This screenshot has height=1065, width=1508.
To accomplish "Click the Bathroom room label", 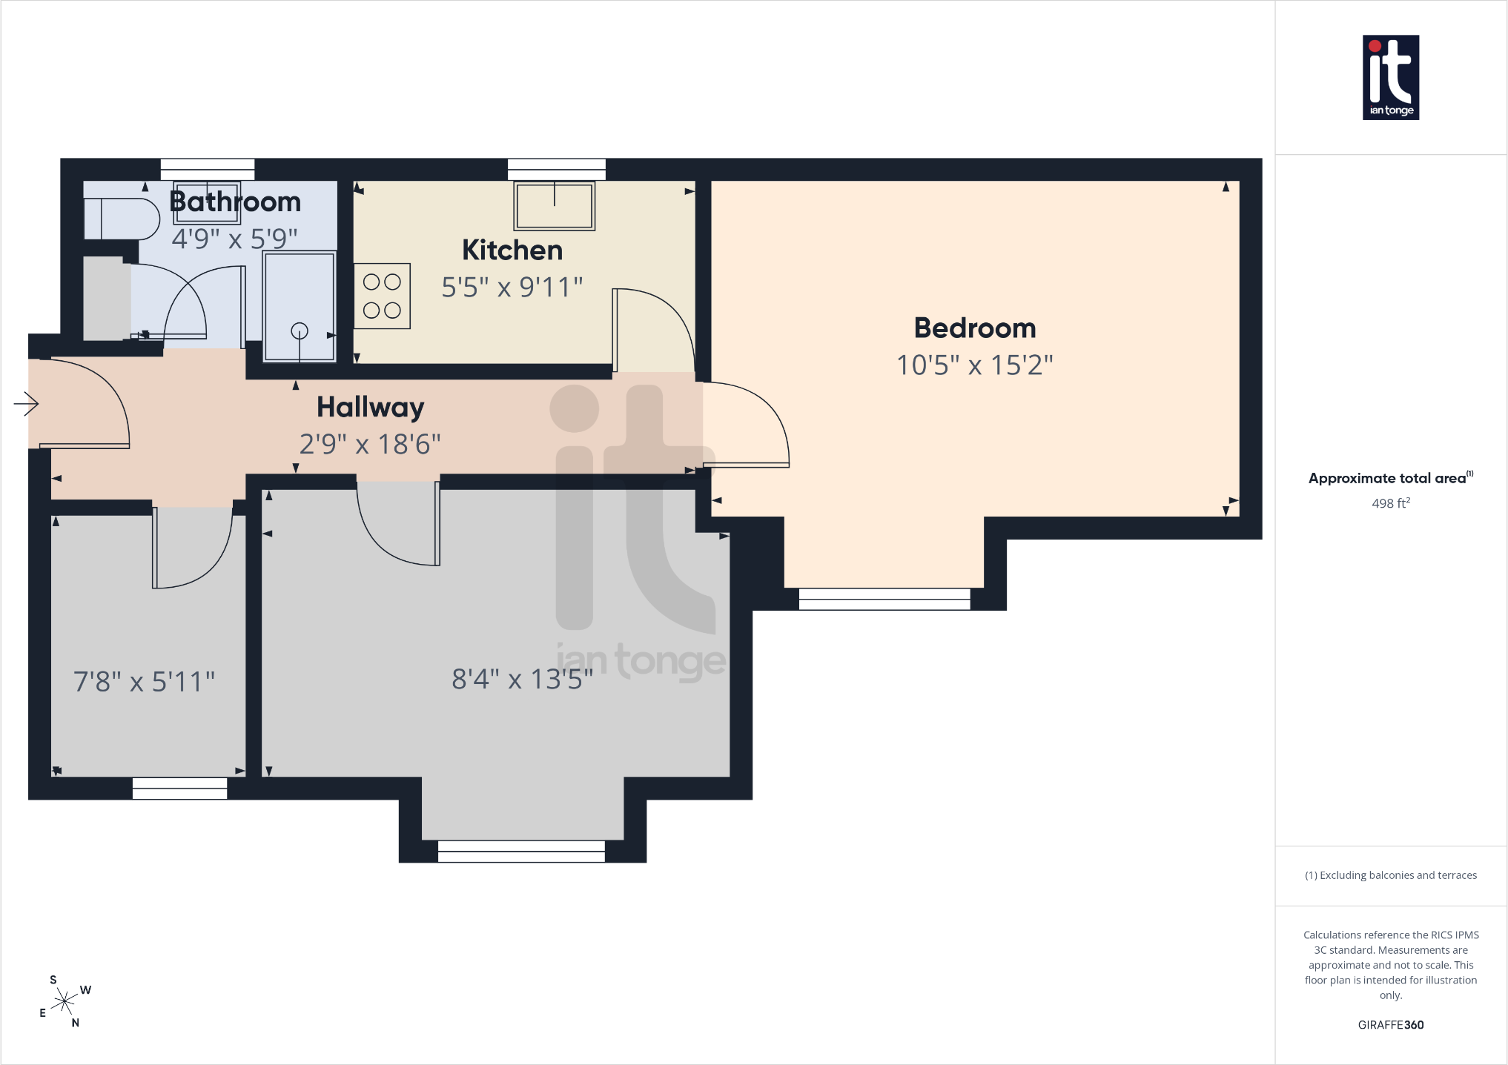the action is (x=235, y=202).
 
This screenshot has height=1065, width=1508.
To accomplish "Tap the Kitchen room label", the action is (x=512, y=251).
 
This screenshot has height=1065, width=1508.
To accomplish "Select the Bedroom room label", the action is (x=975, y=328).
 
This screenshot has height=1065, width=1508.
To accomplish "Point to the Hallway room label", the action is (x=371, y=408).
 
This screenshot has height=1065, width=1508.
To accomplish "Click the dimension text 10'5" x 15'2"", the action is (x=975, y=365).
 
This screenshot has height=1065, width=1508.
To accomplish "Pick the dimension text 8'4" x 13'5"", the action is (x=523, y=679).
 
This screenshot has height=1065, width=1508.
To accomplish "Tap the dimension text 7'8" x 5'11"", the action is (x=144, y=682).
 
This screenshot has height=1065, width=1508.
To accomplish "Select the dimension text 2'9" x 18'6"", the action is (x=370, y=445).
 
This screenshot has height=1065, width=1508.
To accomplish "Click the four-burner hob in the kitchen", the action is (x=382, y=296).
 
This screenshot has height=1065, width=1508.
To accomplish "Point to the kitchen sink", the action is (x=555, y=206).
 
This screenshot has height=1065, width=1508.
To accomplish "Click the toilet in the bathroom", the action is (x=122, y=219).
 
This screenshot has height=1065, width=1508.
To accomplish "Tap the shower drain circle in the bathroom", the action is (x=300, y=331).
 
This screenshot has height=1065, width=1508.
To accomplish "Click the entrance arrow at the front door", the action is (x=26, y=404).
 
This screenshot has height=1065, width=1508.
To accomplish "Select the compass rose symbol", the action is (x=65, y=1002).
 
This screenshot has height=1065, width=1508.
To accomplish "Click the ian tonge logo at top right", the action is (x=1391, y=78).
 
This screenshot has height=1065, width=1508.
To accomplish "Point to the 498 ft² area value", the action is (x=1391, y=503).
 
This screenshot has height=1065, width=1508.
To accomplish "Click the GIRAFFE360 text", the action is (x=1391, y=1025).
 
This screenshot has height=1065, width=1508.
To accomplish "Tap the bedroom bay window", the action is (x=884, y=599).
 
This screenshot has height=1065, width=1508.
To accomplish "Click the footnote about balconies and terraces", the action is (x=1391, y=875).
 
